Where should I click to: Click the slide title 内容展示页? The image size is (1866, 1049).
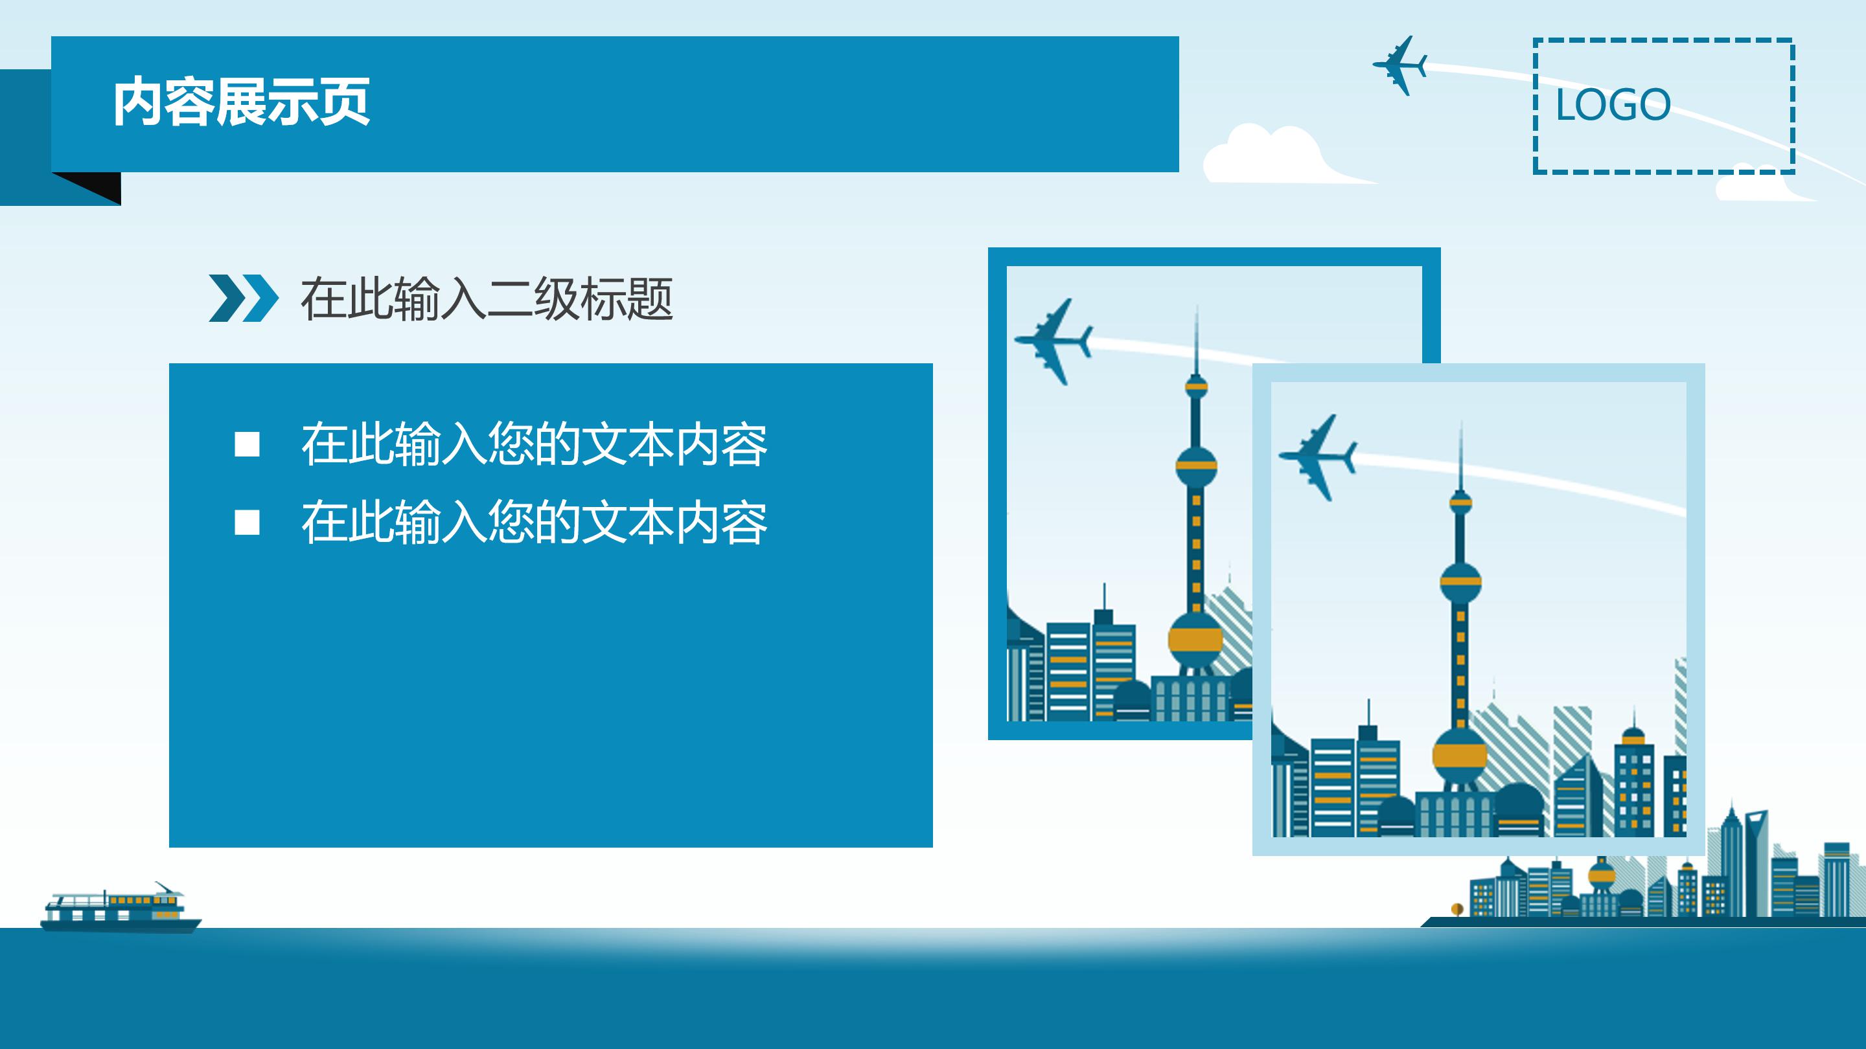pos(241,102)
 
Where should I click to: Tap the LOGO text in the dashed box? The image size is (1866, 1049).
pos(1613,105)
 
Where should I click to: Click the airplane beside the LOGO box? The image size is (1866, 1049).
pos(1400,66)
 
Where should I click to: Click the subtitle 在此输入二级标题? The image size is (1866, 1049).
pos(487,299)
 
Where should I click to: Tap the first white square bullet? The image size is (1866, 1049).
pos(247,444)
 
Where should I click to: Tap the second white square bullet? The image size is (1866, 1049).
pos(247,522)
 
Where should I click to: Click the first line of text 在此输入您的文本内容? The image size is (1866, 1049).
pos(534,444)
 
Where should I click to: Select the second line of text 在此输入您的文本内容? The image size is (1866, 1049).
pos(534,522)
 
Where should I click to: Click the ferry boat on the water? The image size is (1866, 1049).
pos(119,908)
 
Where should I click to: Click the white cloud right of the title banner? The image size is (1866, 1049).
pos(1275,155)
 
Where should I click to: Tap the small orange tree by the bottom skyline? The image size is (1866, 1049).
pos(1457,908)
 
